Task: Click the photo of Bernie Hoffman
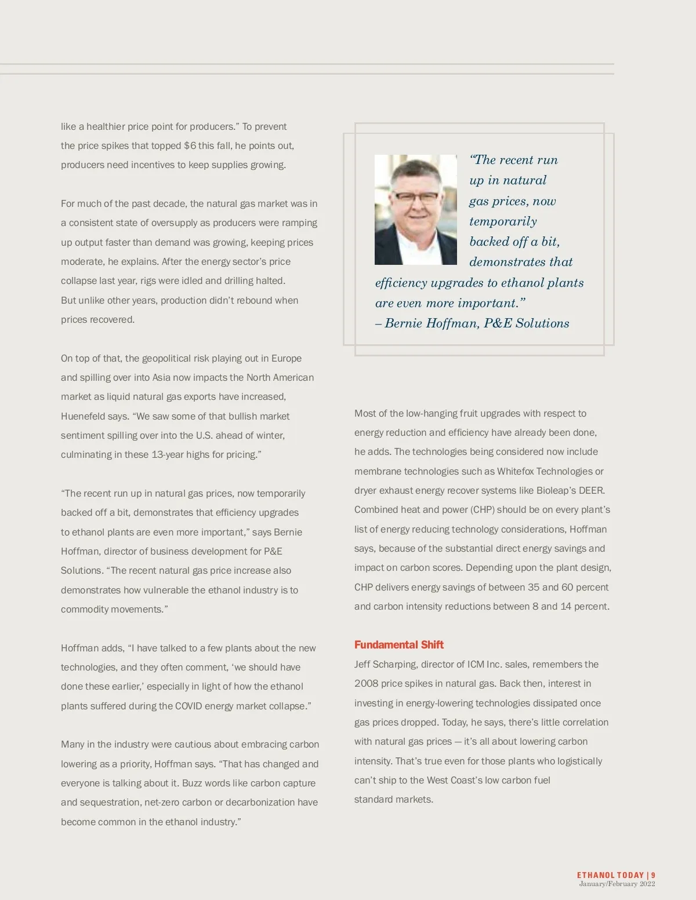click(415, 209)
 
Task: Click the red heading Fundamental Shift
click(399, 644)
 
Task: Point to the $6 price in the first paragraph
click(190, 145)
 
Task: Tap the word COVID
click(188, 706)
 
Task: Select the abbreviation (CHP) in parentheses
click(482, 509)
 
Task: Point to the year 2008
click(367, 683)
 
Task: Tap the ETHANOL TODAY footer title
click(610, 875)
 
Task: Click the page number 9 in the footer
click(653, 875)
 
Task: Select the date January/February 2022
click(617, 884)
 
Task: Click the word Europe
click(287, 358)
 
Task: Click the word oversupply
click(175, 223)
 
